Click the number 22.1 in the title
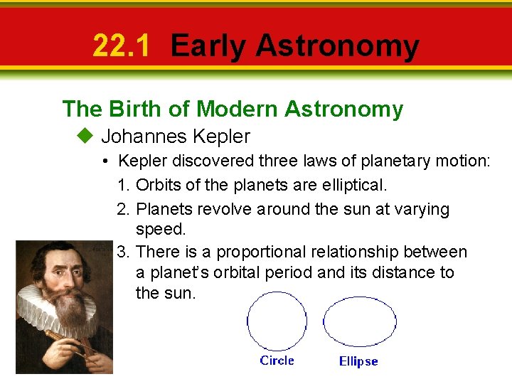(122, 46)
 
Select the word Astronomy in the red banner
(337, 46)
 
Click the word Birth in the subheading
(132, 109)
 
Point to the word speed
(160, 230)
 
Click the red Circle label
(277, 361)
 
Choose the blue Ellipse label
(358, 361)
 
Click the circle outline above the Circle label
(248, 324)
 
